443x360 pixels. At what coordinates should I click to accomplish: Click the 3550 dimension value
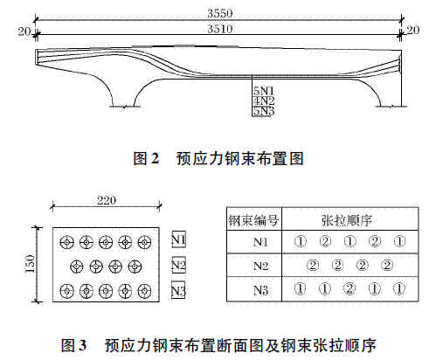click(x=220, y=13)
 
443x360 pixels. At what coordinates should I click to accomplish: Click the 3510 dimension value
click(x=220, y=29)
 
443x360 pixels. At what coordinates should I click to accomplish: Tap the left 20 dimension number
click(x=24, y=31)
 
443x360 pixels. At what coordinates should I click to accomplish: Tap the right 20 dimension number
click(x=412, y=30)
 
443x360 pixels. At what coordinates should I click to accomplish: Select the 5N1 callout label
click(x=263, y=91)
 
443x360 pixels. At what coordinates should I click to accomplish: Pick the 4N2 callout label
click(x=263, y=101)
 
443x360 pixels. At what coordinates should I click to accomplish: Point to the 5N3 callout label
click(x=263, y=111)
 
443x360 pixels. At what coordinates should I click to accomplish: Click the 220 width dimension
click(x=107, y=200)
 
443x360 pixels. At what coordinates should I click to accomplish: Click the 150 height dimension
click(x=30, y=264)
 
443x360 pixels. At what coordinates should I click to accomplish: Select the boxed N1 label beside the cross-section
click(x=178, y=239)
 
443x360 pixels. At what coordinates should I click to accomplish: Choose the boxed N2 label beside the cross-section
click(x=178, y=265)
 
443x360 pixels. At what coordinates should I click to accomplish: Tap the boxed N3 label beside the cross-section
click(x=178, y=290)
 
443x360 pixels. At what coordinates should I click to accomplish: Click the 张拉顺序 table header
click(x=347, y=220)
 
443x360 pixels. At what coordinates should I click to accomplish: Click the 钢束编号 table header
click(x=253, y=220)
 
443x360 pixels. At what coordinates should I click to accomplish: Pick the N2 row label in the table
click(x=260, y=266)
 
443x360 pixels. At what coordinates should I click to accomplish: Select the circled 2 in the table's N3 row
click(x=350, y=288)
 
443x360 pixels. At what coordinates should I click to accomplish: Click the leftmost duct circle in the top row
click(x=67, y=242)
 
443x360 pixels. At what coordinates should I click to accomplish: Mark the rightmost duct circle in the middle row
click(x=135, y=267)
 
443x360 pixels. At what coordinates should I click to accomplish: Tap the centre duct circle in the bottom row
click(x=106, y=291)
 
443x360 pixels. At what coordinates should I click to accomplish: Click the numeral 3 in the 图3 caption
click(x=82, y=345)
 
